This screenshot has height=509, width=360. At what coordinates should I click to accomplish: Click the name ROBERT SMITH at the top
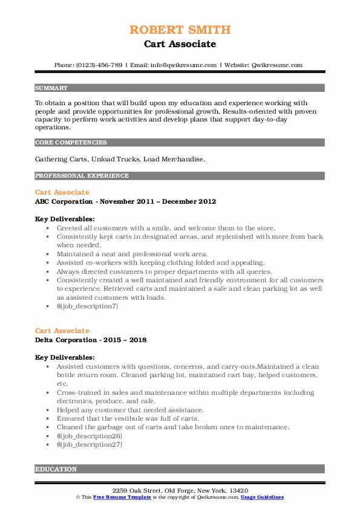click(x=180, y=30)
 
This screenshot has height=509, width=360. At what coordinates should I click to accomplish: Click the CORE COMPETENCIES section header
click(x=71, y=143)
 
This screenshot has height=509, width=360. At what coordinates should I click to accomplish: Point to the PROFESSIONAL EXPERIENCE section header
click(x=82, y=176)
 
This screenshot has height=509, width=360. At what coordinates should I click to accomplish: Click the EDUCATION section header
click(x=56, y=469)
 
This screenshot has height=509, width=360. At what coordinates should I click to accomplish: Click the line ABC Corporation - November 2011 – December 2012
click(x=125, y=201)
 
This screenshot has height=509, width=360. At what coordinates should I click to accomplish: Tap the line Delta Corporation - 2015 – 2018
click(x=90, y=340)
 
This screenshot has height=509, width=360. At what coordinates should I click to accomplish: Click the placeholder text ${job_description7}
click(x=87, y=306)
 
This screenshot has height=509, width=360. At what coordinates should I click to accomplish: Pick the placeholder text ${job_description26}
click(x=90, y=436)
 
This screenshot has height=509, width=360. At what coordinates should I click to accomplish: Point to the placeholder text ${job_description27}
click(x=90, y=444)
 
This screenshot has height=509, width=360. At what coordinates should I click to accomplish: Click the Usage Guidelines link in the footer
click(x=262, y=497)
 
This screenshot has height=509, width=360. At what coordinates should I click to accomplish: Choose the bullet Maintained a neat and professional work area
click(x=132, y=254)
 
